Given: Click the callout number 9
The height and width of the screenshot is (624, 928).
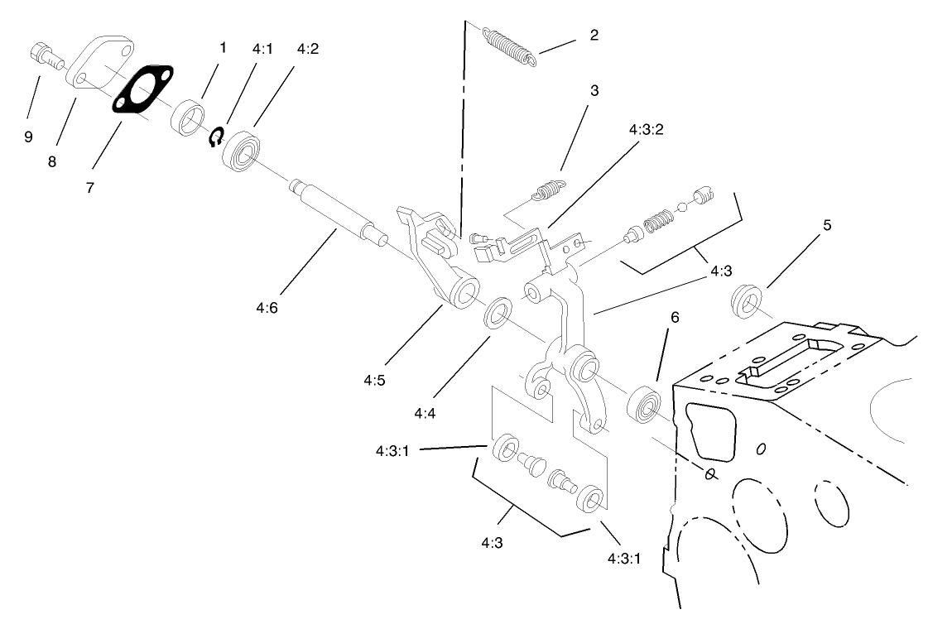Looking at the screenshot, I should pyautogui.click(x=28, y=137).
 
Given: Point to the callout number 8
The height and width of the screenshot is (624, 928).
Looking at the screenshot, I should pyautogui.click(x=52, y=161).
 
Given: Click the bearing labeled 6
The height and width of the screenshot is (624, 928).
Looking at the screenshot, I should pyautogui.click(x=645, y=405).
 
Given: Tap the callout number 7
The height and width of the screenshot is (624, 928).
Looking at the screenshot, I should pyautogui.click(x=89, y=187).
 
